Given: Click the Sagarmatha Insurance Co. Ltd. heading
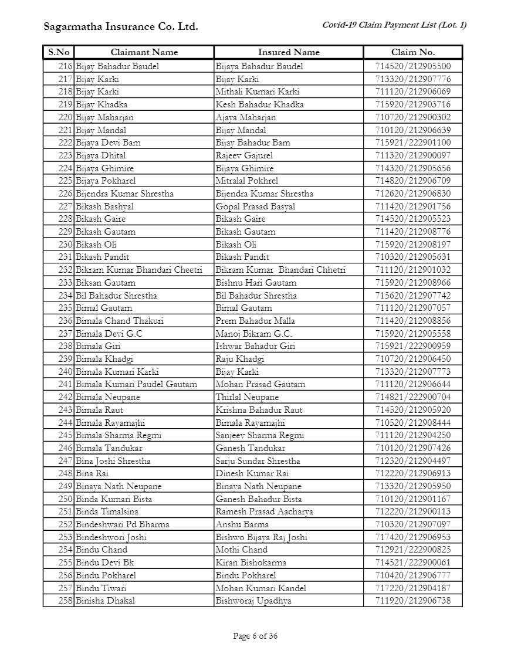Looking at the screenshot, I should pyautogui.click(x=121, y=26).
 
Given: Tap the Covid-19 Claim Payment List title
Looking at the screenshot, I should pyautogui.click(x=394, y=25).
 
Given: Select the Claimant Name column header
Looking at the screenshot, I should pyautogui.click(x=144, y=52).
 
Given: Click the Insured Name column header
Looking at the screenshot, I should pyautogui.click(x=289, y=52).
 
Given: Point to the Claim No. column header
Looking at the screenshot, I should pyautogui.click(x=413, y=52).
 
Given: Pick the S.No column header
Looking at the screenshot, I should pyautogui.click(x=59, y=52).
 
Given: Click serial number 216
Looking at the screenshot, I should pyautogui.click(x=65, y=66).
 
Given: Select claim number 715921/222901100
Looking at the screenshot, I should pyautogui.click(x=413, y=143).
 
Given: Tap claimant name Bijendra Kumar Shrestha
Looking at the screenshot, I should pyautogui.click(x=124, y=194).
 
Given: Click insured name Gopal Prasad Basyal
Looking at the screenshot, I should pyautogui.click(x=255, y=206).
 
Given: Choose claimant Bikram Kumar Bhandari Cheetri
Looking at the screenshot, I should pyautogui.click(x=138, y=270).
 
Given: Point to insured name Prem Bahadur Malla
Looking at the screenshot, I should pyautogui.click(x=255, y=321).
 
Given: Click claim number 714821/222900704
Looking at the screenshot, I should pyautogui.click(x=413, y=397).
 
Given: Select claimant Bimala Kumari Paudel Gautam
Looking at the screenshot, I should pyautogui.click(x=136, y=384).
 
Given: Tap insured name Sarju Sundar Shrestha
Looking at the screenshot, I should pyautogui.click(x=258, y=461).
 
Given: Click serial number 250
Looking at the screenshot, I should pyautogui.click(x=65, y=499).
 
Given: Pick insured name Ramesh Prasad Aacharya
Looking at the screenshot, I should pyautogui.click(x=264, y=511).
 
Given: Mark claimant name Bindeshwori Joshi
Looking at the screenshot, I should pyautogui.click(x=111, y=537).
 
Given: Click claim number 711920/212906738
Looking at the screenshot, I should pyautogui.click(x=413, y=601).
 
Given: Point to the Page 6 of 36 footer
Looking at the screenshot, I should pyautogui.click(x=255, y=636).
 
